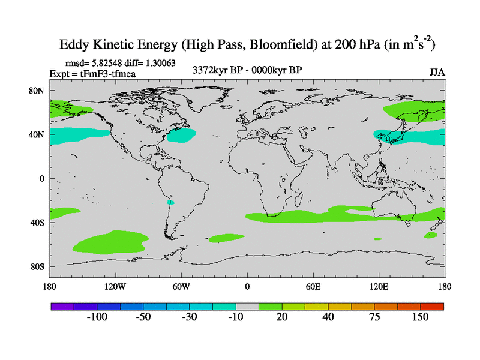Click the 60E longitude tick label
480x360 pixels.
(313, 286)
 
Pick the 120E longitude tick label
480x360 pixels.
(379, 286)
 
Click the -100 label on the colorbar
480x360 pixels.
(97, 317)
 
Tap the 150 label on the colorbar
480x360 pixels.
(420, 317)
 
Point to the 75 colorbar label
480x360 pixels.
(374, 317)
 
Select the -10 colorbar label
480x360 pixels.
(236, 317)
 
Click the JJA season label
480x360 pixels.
(437, 72)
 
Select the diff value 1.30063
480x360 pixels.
(157, 62)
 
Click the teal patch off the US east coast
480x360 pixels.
(181, 136)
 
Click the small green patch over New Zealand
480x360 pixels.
(430, 235)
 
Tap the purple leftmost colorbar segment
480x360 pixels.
(62, 306)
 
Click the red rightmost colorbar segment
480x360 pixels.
(432, 306)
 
